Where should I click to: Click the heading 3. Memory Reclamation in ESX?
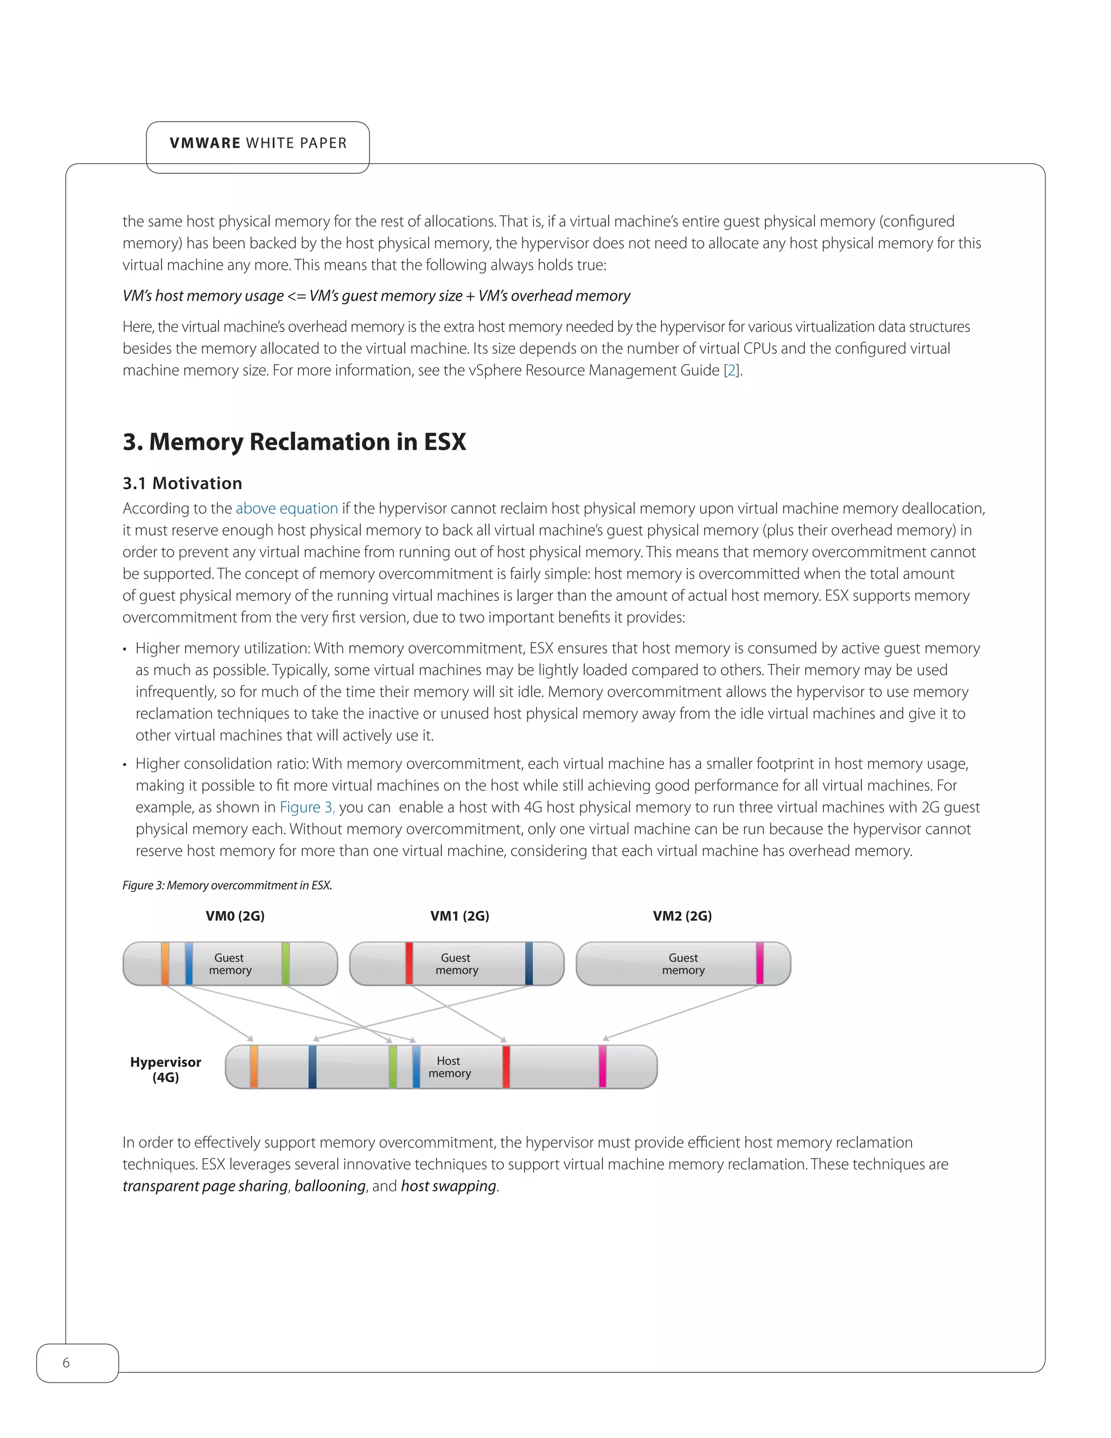(294, 442)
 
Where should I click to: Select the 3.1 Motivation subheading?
(182, 483)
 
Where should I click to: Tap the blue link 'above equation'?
(286, 508)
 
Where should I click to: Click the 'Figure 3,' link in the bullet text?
(307, 807)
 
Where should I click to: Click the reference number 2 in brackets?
(732, 371)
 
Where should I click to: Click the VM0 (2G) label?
(235, 916)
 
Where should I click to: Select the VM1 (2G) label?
(459, 916)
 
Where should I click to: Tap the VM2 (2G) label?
(682, 916)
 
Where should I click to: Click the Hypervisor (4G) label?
(165, 1070)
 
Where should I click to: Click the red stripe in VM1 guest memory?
(408, 964)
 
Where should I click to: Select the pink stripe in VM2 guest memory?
(759, 964)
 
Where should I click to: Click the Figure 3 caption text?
(227, 886)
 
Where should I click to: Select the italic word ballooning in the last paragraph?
(330, 1186)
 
